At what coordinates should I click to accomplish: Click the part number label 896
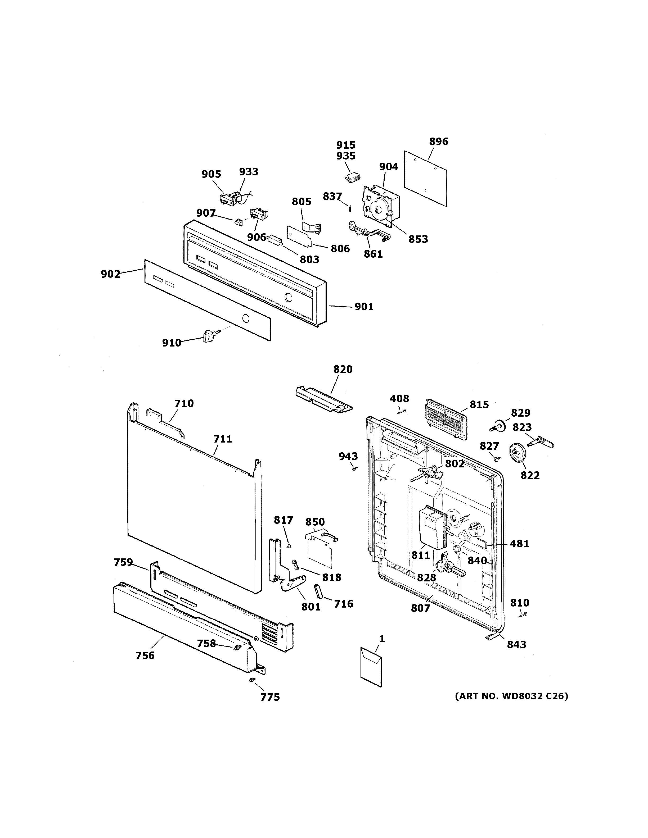pos(438,142)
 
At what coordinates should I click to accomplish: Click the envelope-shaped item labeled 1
pos(371,666)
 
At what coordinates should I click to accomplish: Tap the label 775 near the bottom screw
pos(270,697)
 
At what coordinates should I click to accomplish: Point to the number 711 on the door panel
pos(223,439)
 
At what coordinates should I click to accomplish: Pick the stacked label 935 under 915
pos(346,156)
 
